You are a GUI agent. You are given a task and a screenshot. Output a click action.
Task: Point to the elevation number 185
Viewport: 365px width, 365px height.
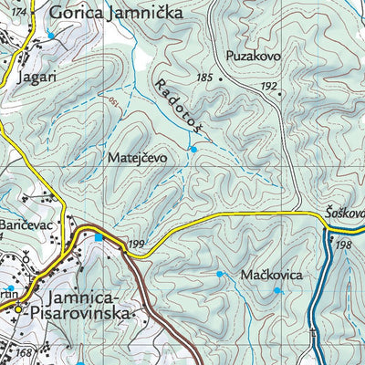point(203,78)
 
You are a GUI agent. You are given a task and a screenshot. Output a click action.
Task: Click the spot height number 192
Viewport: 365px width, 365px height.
point(268,86)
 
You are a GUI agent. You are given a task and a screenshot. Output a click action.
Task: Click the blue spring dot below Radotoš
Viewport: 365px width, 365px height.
point(193,148)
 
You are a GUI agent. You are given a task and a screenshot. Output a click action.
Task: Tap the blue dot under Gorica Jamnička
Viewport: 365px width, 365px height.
point(51,36)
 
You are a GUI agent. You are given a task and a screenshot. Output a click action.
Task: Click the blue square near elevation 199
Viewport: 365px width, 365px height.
point(99,238)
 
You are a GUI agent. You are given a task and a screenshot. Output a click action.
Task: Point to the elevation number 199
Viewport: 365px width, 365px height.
point(137,244)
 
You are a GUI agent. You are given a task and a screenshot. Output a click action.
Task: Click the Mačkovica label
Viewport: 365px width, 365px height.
point(272,274)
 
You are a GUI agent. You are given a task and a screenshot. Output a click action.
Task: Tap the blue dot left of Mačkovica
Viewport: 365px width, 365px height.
point(219,273)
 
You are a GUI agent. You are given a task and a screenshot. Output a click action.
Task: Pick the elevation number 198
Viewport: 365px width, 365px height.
point(343,245)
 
